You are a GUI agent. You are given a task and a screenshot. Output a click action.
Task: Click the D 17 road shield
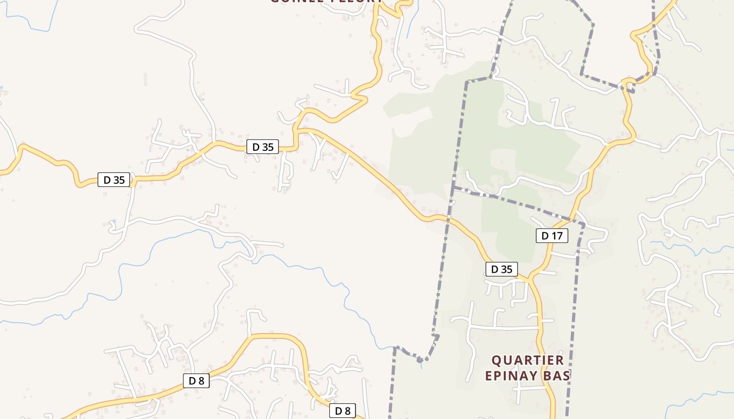coord(552,236)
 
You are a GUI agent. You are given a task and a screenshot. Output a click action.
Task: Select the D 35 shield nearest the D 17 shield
coord(501,269)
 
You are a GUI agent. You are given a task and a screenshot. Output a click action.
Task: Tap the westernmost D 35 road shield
coord(114,180)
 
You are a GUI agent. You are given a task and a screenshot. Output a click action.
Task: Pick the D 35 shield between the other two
coord(263,147)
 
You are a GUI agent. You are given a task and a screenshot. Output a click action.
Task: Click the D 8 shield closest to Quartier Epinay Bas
coord(342,411)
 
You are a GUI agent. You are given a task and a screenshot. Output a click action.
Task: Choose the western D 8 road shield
coord(196,381)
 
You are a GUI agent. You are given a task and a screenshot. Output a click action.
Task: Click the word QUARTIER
coord(527,360)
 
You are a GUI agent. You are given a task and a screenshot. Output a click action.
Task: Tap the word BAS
coord(558,376)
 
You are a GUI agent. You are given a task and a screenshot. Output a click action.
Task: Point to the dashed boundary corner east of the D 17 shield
coord(584,225)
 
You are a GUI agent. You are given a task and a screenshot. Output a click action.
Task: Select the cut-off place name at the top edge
coord(326,2)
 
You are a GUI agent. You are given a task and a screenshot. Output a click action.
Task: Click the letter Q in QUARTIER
coord(495,360)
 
